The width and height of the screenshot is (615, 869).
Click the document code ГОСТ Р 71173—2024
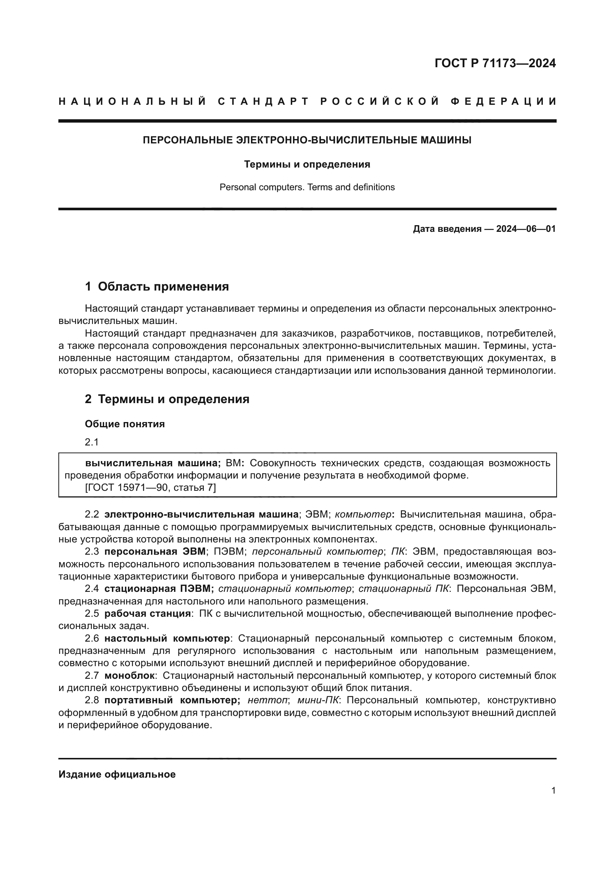(495, 63)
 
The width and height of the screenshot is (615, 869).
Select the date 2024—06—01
(526, 229)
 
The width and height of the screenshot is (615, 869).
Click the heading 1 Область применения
(157, 286)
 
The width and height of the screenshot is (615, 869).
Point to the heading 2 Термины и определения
(167, 399)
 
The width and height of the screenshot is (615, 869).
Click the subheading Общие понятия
(125, 424)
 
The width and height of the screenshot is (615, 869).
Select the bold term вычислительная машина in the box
(152, 463)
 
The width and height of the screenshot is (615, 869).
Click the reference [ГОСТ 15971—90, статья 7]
(150, 487)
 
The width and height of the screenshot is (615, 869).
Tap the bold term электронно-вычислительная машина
(202, 514)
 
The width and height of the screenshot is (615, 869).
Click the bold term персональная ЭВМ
(155, 551)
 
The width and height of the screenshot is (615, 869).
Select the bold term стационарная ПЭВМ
(159, 588)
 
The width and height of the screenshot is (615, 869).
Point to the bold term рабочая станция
(147, 613)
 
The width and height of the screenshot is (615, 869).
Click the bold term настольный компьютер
(167, 639)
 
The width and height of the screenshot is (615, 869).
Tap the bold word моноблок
(129, 675)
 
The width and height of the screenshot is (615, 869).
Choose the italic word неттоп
(267, 700)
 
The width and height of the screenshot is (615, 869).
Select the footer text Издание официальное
(117, 774)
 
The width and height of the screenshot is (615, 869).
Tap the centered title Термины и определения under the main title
(307, 164)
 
